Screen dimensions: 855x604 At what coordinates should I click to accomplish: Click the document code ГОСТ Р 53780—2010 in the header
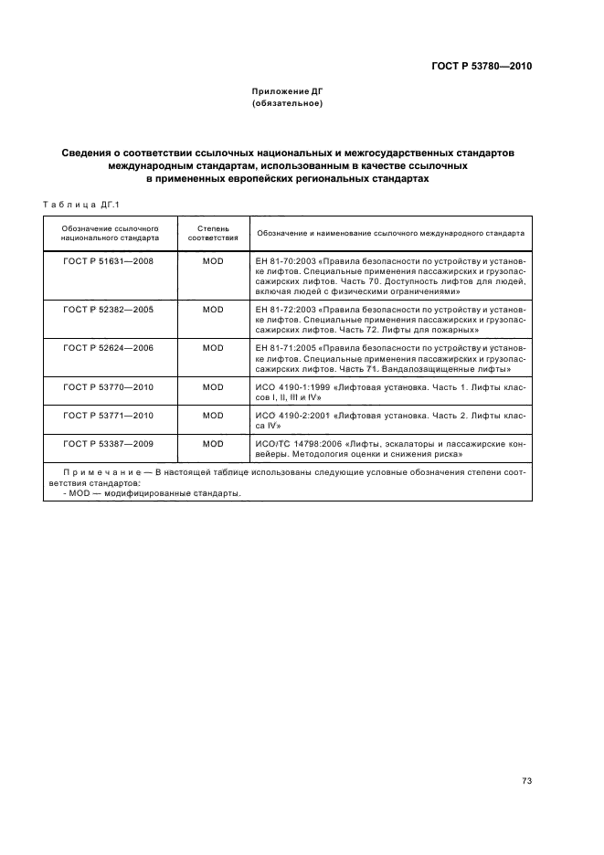[482, 67]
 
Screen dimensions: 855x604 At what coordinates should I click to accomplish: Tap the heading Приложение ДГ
[287, 91]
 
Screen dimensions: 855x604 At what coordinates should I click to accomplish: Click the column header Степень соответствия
[213, 231]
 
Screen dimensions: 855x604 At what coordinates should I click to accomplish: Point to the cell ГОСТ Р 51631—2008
[109, 260]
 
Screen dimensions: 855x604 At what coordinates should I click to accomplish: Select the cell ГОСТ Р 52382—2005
[109, 310]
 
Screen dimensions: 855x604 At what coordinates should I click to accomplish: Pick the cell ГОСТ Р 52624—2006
[109, 348]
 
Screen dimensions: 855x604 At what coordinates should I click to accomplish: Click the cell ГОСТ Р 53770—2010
[109, 386]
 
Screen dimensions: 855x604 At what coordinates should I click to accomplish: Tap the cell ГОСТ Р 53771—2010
[109, 415]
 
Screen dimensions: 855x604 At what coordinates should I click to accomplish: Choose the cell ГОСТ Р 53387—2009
[109, 443]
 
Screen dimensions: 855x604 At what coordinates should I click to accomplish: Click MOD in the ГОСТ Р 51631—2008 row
[213, 260]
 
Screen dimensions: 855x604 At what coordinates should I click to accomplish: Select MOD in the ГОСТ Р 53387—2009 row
[213, 443]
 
